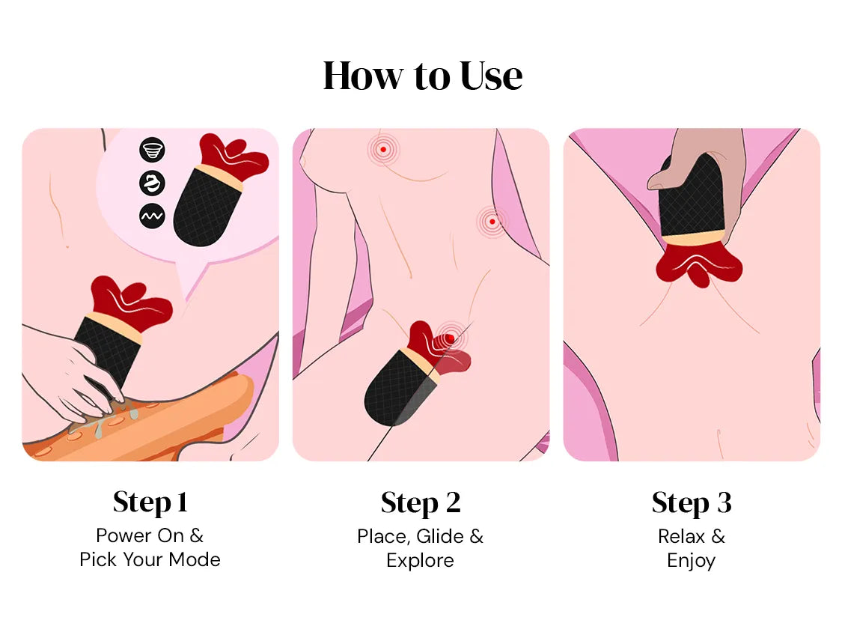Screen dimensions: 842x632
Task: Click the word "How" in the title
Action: point(362,75)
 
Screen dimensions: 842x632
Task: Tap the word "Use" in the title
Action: point(491,75)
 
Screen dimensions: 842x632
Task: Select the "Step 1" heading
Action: point(150,502)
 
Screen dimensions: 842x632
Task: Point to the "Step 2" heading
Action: point(421,503)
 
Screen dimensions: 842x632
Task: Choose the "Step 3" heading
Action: point(692,503)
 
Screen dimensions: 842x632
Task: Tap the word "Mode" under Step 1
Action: point(195,559)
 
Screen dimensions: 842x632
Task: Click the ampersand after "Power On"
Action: point(197,535)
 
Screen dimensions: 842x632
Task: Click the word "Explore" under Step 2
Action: point(420,561)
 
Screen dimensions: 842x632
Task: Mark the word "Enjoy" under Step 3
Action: point(691,561)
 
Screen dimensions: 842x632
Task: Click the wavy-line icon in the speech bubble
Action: point(152,216)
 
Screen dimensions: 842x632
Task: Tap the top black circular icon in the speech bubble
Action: point(152,150)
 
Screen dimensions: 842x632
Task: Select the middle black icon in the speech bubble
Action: point(152,183)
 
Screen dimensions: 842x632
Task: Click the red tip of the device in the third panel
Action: point(699,265)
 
